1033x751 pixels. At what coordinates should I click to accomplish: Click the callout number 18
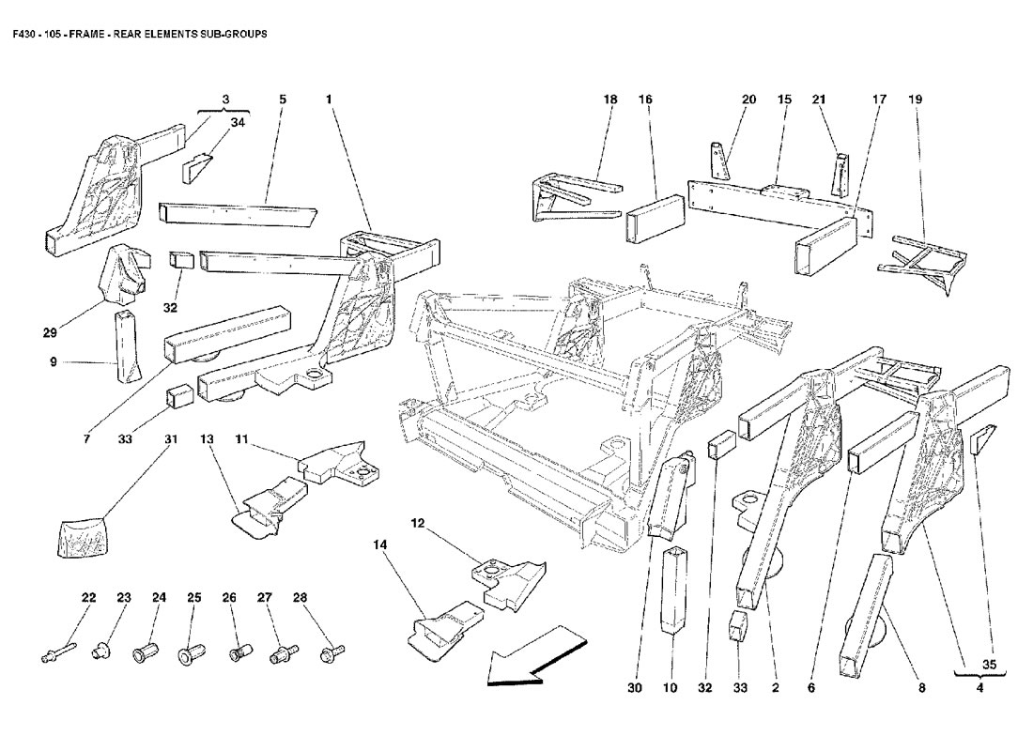coord(610,99)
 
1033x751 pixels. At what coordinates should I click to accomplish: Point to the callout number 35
coord(988,665)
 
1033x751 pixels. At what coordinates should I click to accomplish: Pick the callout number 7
coord(85,438)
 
